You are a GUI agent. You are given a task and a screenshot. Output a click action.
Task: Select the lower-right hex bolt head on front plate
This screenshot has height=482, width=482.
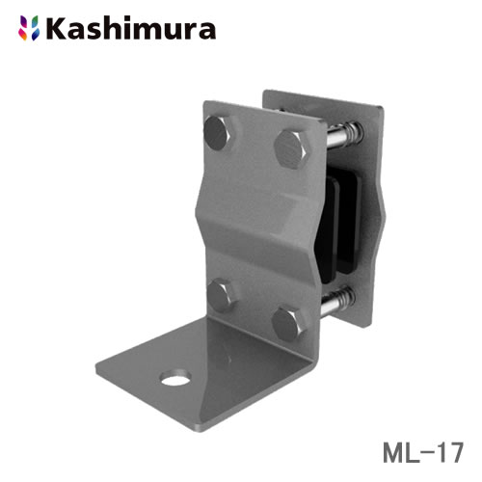click(x=289, y=321)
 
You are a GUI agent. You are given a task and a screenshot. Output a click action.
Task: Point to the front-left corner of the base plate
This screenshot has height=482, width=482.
click(x=106, y=374)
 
